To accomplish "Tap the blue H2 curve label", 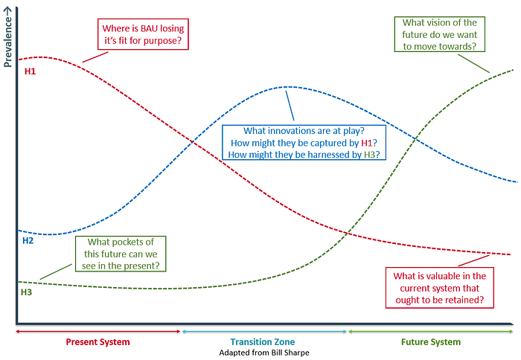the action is [x=28, y=241].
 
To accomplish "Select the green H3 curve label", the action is [x=26, y=292].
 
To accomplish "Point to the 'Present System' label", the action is [x=98, y=342].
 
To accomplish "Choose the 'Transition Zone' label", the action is [x=264, y=342].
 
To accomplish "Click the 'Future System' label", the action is [x=430, y=342].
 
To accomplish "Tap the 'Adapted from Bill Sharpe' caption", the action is [x=264, y=353].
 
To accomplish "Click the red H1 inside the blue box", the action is [x=365, y=142].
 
